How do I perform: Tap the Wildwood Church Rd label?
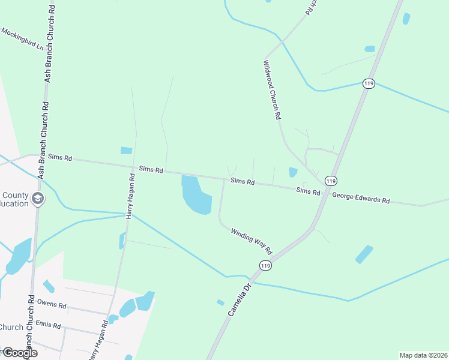(273, 90)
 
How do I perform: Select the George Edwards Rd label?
(361, 197)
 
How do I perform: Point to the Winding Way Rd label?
(252, 239)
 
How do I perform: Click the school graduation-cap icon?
(37, 199)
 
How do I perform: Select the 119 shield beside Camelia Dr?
(265, 265)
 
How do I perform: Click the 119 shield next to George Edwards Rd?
(330, 181)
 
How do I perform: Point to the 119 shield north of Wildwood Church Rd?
(369, 84)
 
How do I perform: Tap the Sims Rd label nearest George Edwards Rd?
(308, 191)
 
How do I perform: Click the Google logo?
(19, 353)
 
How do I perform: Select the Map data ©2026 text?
(423, 355)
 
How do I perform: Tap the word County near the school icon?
(15, 196)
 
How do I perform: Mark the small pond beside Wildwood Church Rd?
(293, 172)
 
